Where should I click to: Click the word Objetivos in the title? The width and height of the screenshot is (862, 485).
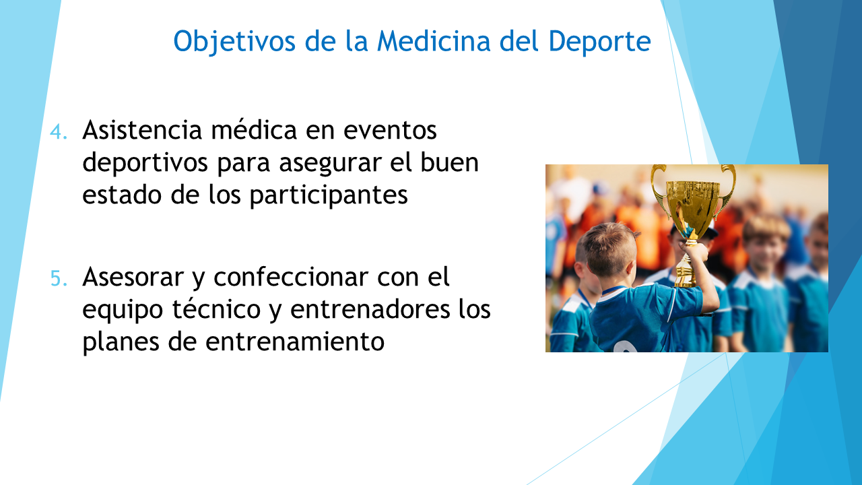234,41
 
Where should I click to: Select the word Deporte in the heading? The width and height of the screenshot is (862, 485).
599,42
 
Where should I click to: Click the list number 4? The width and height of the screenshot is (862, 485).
59,131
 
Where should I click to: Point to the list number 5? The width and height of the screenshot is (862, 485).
59,279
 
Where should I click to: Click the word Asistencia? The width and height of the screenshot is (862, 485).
142,130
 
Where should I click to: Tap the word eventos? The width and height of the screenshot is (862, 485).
390,131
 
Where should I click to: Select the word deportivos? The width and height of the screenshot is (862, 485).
145,163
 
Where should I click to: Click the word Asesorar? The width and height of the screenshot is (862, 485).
133,277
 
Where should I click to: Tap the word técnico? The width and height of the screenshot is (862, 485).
216,309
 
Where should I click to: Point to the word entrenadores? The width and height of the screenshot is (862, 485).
370,309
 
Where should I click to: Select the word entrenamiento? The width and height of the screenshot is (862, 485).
295,342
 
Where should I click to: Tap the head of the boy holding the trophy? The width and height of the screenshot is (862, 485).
608,249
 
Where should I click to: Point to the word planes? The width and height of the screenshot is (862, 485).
121,342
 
